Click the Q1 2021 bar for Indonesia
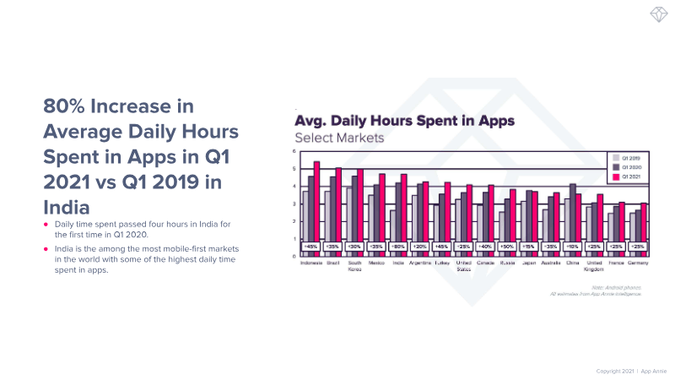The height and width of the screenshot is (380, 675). (317, 207)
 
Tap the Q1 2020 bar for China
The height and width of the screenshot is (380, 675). (573, 215)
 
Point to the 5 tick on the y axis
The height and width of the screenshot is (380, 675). (294, 169)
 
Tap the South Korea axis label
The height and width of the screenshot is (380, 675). (354, 266)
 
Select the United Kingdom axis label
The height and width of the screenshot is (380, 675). (595, 266)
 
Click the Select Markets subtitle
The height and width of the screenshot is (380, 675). (338, 138)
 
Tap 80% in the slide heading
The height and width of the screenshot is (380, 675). (67, 107)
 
